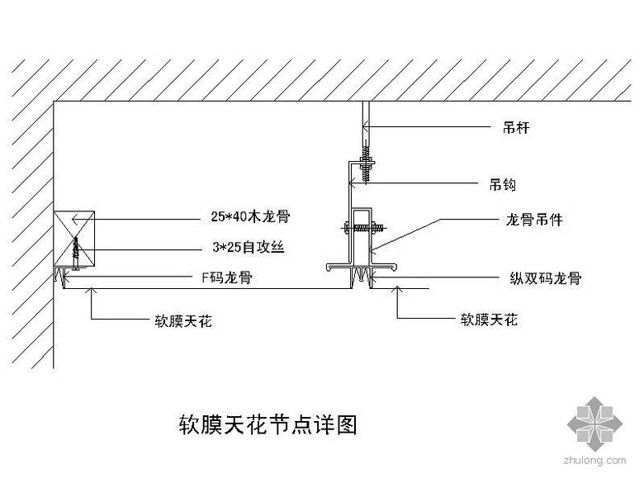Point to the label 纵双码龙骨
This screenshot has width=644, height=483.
point(546,278)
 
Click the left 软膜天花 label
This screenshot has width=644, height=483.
point(182,320)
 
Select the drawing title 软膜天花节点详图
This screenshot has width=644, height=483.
point(268,425)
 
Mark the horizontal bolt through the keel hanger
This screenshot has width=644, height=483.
point(361,224)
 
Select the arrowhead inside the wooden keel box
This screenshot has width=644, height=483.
point(74,219)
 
